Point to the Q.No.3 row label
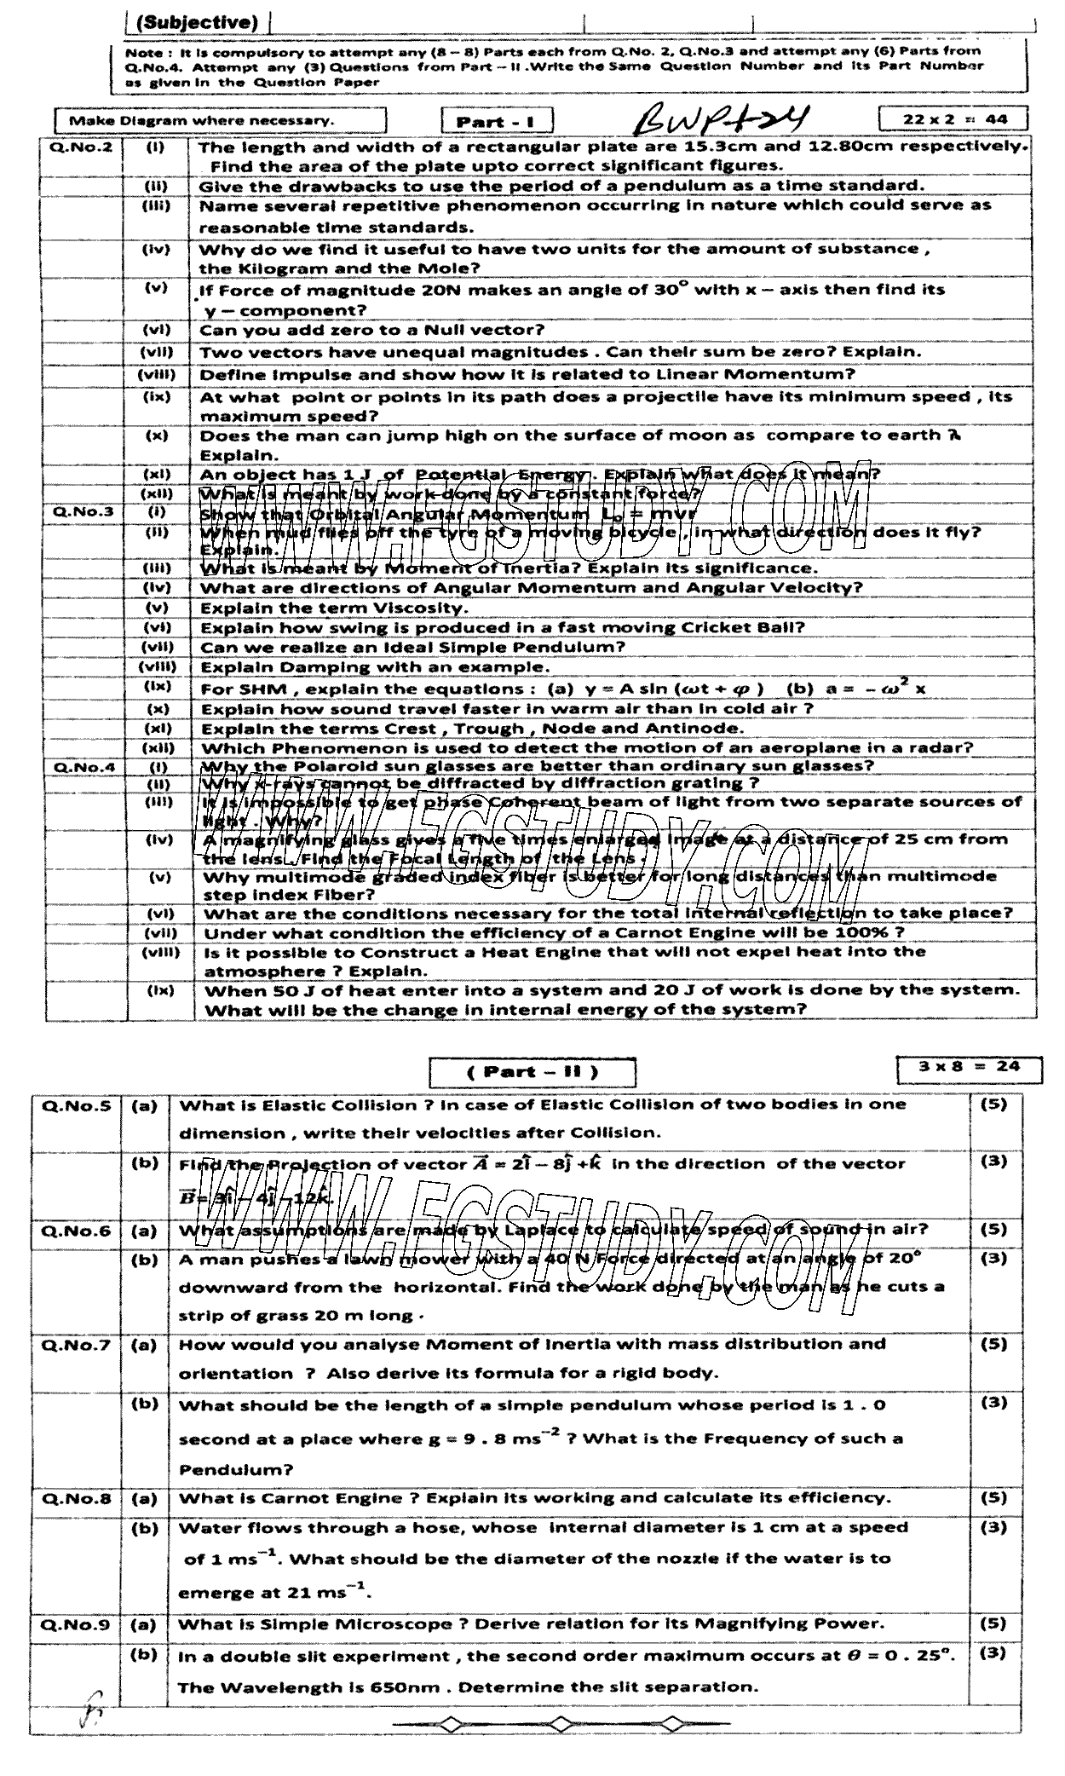point(83,512)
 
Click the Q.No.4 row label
point(83,766)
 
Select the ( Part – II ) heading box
point(532,1072)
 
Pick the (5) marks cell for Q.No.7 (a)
point(994,1344)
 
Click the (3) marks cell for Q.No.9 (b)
point(994,1652)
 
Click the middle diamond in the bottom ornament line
point(560,1724)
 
